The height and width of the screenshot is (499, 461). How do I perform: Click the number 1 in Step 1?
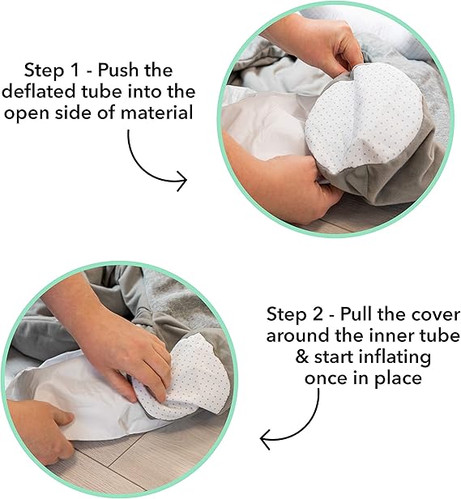pos(75,70)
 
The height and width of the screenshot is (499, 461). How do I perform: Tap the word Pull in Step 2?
pos(356,314)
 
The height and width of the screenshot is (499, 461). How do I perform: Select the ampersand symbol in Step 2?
pos(302,357)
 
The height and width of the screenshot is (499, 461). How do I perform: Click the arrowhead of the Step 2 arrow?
pos(265,440)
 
